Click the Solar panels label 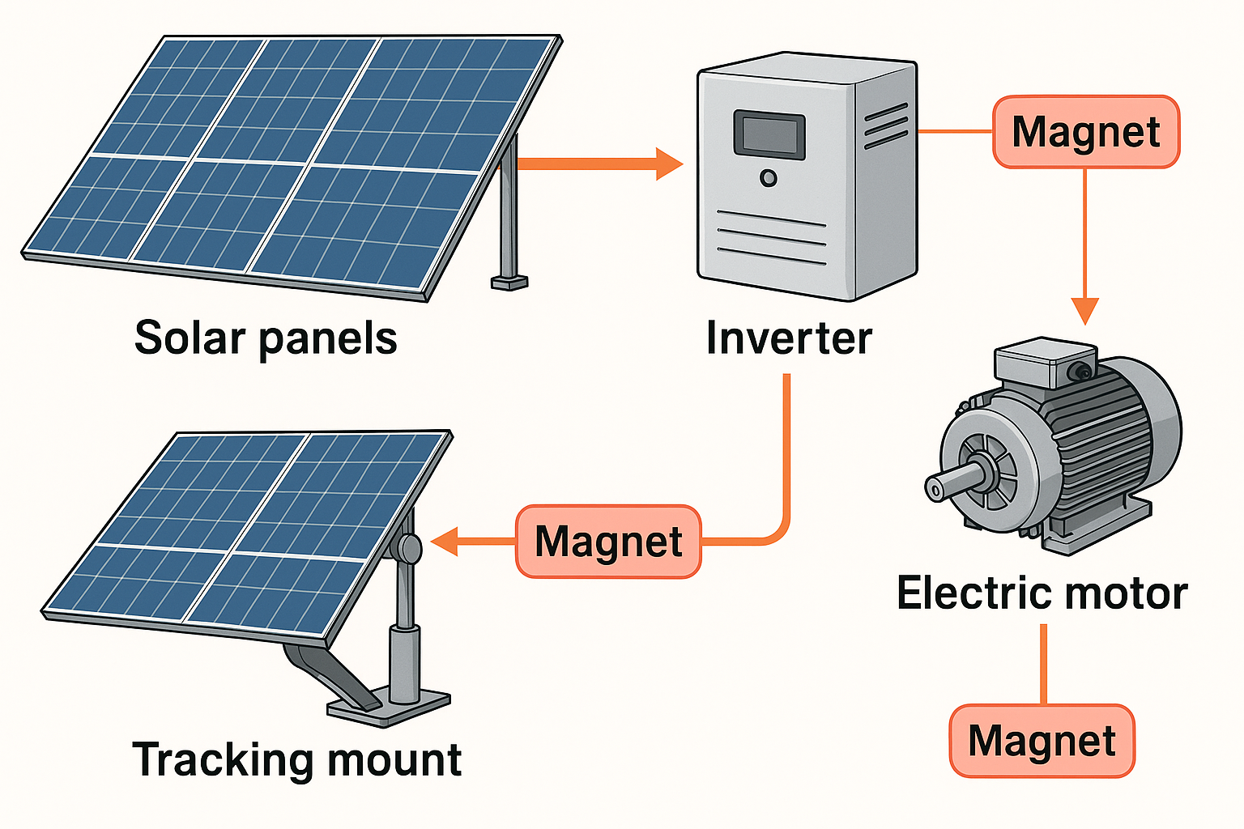pos(266,338)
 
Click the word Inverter pos(789,338)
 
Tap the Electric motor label pos(1042,593)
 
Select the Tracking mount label pos(296,759)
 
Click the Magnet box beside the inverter pos(1086,132)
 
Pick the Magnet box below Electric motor pos(1042,741)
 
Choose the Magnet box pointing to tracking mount pos(608,542)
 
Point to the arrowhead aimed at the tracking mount pos(445,542)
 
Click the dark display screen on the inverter pos(769,134)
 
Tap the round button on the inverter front pos(768,178)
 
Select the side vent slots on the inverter pos(886,126)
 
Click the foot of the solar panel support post pos(509,283)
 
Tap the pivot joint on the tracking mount pos(405,548)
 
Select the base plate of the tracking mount pos(389,708)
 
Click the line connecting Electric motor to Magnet pos(1043,664)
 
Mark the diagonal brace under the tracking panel pos(332,672)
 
